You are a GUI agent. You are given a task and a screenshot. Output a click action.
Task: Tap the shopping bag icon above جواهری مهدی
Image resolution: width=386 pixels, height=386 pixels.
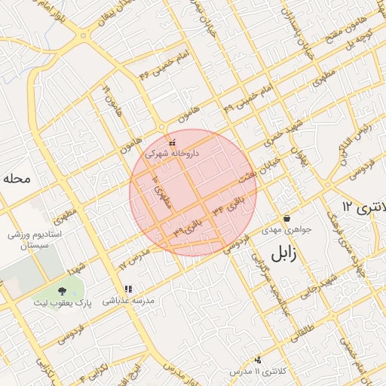[x=286, y=218]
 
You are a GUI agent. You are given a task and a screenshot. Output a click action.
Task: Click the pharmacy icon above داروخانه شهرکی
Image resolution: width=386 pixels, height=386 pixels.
[x=173, y=142]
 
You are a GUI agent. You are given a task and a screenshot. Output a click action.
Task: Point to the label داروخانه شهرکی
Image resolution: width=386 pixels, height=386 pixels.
[x=173, y=152]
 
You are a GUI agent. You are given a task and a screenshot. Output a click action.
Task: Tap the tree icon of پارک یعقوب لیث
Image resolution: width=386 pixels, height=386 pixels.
[x=62, y=291]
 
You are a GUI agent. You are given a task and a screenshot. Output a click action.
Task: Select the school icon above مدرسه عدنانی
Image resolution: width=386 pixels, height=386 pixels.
[x=128, y=289]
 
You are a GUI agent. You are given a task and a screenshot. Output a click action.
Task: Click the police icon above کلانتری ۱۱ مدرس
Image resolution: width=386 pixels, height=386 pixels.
[x=259, y=360]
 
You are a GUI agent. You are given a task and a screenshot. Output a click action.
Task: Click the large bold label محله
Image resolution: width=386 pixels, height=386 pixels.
[x=15, y=179]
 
